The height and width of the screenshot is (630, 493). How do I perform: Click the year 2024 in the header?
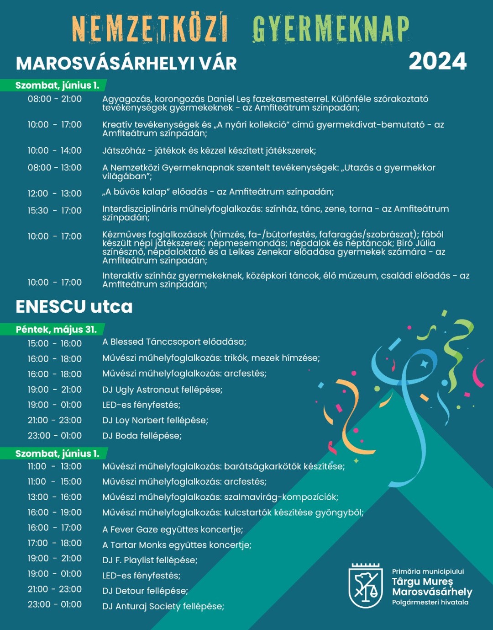tap(437, 62)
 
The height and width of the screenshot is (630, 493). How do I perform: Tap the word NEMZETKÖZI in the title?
tap(150, 28)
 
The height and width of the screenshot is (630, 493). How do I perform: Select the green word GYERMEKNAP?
tap(330, 28)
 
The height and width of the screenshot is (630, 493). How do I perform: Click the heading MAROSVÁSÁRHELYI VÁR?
tap(126, 64)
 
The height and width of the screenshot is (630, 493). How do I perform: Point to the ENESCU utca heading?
tap(74, 306)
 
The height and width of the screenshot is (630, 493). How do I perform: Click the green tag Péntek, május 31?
tap(56, 329)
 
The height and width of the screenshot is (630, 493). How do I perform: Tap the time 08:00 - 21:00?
tap(55, 99)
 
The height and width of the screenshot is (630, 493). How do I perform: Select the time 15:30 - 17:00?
tap(55, 210)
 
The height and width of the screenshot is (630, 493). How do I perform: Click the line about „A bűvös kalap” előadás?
tap(218, 192)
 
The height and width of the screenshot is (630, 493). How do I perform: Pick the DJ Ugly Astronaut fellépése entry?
tap(162, 390)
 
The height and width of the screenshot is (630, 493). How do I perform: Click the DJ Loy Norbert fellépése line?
tap(155, 420)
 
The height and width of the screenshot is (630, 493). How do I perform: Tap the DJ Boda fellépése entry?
tap(142, 436)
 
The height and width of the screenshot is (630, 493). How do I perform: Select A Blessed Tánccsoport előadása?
tap(174, 342)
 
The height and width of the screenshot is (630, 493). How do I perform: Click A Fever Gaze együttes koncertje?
tap(172, 529)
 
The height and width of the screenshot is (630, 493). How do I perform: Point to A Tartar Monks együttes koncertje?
tap(176, 545)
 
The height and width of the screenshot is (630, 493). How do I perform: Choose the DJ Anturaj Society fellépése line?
tap(163, 606)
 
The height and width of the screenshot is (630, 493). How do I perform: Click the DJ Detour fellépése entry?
tap(145, 591)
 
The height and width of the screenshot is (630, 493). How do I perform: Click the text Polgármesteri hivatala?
tap(430, 602)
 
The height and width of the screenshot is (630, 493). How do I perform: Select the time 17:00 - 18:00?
tap(55, 543)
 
